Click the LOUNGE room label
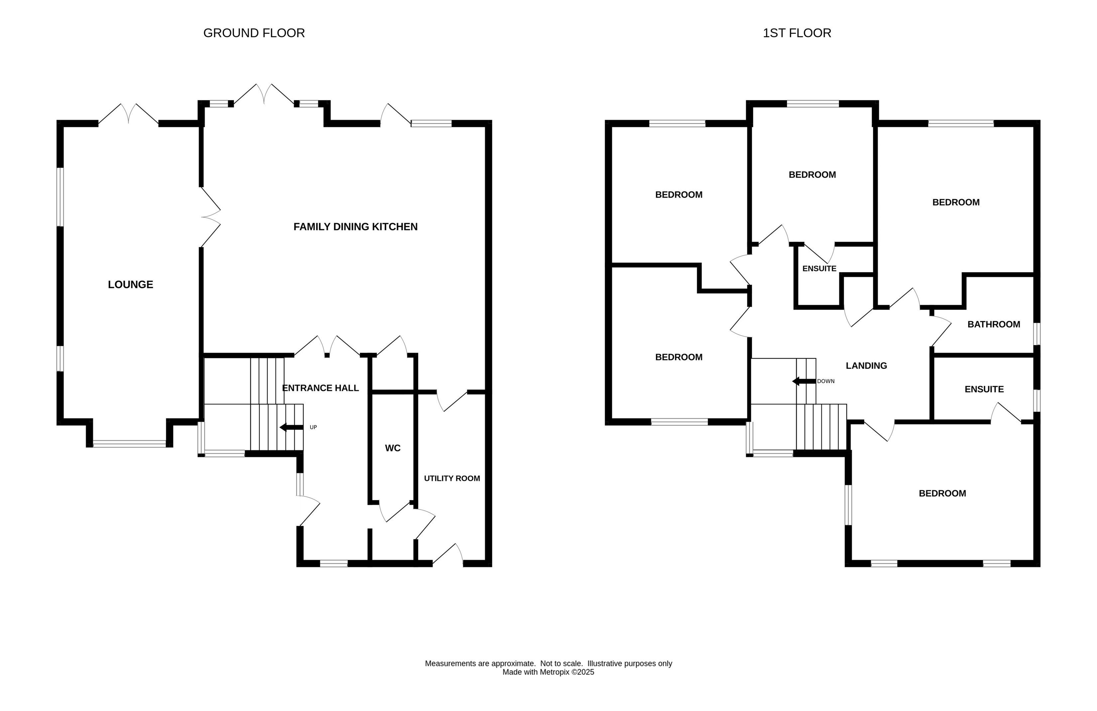[130, 285]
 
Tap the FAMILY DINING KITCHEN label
[355, 227]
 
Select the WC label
[393, 448]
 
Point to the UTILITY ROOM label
[452, 478]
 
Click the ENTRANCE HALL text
[320, 388]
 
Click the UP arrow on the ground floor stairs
[291, 428]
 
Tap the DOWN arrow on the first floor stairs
[804, 381]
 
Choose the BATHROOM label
[994, 324]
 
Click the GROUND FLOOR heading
[254, 33]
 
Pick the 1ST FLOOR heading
[797, 33]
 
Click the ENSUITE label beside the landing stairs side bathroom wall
[984, 389]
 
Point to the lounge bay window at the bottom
[130, 444]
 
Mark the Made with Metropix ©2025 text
[548, 672]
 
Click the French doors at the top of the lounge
[129, 114]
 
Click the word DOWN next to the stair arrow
[826, 381]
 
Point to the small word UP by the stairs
[313, 428]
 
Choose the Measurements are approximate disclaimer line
[548, 663]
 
